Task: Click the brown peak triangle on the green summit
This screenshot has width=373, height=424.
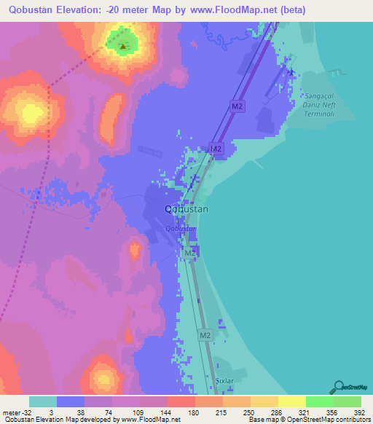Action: point(122,47)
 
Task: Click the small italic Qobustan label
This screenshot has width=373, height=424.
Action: point(181,228)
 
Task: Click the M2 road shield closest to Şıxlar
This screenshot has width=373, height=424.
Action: point(205,335)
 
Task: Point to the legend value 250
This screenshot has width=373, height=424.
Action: point(249,412)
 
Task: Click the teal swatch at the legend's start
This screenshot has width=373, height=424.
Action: point(43,401)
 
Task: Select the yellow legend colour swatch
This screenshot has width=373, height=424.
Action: point(291,401)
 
